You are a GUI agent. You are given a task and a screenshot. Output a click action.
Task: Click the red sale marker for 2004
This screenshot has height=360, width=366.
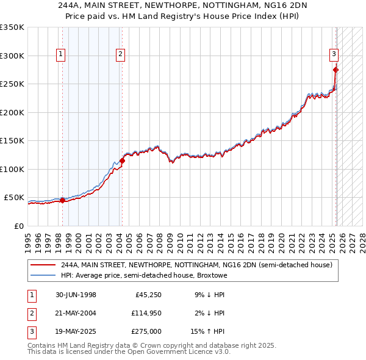(122, 161)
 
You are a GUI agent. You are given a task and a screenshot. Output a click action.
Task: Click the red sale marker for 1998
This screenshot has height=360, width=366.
(62, 200)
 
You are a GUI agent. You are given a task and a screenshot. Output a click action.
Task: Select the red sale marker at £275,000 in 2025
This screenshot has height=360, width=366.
(335, 70)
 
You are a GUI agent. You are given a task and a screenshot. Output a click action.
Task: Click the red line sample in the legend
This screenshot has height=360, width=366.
(43, 265)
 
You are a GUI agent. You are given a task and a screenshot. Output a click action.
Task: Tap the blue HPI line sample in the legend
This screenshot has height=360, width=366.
(43, 275)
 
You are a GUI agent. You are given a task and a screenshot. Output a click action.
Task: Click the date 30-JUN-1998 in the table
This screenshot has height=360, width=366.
(76, 295)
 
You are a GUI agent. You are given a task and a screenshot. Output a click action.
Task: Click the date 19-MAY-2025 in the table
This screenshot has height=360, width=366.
(76, 332)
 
